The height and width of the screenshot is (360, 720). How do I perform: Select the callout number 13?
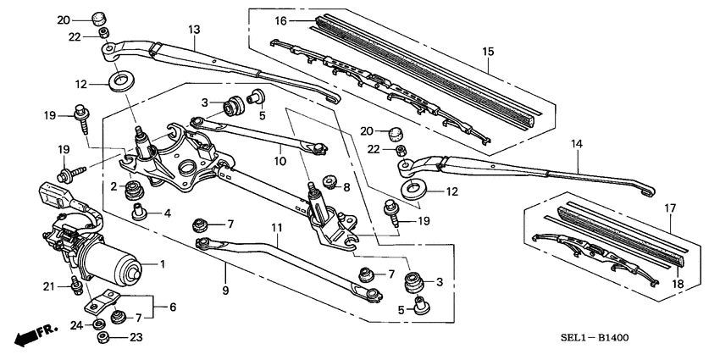point(193,30)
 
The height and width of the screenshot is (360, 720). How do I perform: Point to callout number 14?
point(577,146)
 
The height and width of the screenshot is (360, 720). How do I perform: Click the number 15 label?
point(488,53)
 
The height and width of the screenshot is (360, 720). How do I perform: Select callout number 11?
point(275,228)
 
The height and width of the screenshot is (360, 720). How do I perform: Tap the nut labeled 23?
point(101,337)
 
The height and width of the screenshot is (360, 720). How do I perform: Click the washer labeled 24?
point(100,322)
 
